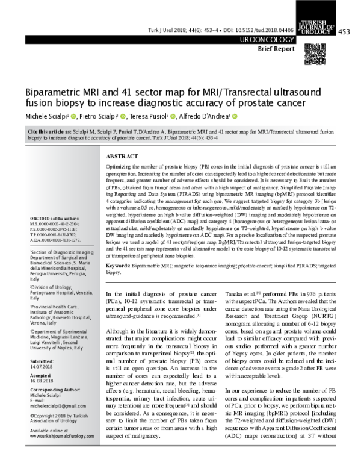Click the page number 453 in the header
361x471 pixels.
(x=345, y=31)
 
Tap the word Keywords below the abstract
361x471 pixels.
(x=120, y=265)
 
